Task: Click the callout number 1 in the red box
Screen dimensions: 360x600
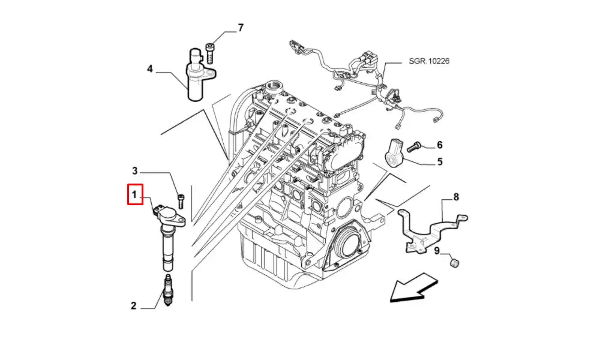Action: pyautogui.click(x=135, y=195)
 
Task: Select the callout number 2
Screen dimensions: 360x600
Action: pyautogui.click(x=134, y=306)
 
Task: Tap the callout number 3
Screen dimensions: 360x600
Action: pyautogui.click(x=135, y=170)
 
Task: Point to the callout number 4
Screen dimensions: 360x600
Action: pyautogui.click(x=150, y=69)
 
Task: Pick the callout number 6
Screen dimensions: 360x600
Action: pyautogui.click(x=439, y=145)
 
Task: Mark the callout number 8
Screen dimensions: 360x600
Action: pyautogui.click(x=455, y=196)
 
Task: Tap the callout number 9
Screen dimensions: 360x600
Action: pyautogui.click(x=437, y=251)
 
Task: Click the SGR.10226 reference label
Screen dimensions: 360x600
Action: pyautogui.click(x=430, y=61)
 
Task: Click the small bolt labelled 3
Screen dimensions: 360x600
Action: pyautogui.click(x=181, y=199)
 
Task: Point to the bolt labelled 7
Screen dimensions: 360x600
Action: pyautogui.click(x=210, y=52)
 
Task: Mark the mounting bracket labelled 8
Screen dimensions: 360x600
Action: pyautogui.click(x=429, y=226)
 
